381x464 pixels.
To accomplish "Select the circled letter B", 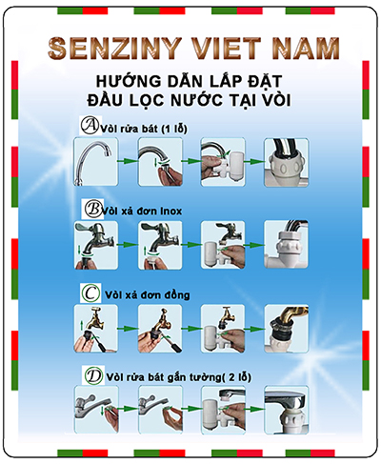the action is tap(93, 209).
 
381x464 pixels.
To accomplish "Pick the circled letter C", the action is tap(90, 293).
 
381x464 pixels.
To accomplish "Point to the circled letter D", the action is tap(93, 375).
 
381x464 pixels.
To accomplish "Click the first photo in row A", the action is tap(95, 162).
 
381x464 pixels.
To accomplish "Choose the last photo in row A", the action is tap(287, 162).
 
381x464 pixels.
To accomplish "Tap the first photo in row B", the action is tap(96, 245).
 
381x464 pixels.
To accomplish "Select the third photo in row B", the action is tap(223, 245).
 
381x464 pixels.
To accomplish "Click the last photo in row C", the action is tap(287, 329).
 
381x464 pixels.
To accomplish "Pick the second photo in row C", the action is tap(160, 329).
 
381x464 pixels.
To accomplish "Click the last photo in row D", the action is tap(287, 410).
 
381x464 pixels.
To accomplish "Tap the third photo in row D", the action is tap(223, 410).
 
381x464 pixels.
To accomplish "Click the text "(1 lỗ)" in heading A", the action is tap(174, 129).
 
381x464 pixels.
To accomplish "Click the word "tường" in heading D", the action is tap(204, 377).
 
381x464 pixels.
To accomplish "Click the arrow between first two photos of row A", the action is tap(128, 161).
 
